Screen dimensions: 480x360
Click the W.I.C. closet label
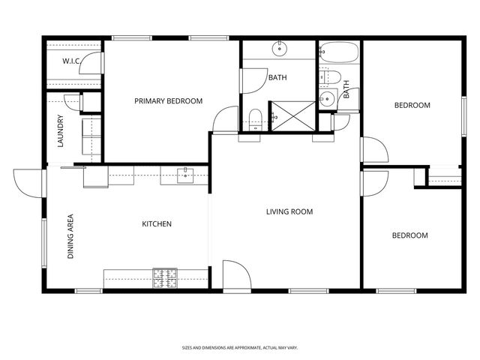tap(71, 61)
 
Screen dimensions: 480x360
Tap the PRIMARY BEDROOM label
tap(168, 101)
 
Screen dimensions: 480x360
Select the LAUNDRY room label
tap(61, 130)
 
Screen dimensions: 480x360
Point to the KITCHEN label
tap(157, 224)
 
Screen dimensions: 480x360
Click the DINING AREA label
tap(70, 236)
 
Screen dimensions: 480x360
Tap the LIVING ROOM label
tap(289, 211)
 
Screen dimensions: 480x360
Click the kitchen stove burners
tap(165, 278)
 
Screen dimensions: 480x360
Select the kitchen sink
tap(185, 175)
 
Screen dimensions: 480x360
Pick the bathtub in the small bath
tap(338, 52)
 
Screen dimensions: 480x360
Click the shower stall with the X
tap(293, 116)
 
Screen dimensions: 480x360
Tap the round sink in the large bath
tap(279, 48)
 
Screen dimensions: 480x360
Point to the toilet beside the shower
tap(255, 120)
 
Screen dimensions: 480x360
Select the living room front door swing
tap(237, 274)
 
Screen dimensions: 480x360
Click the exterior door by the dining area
tap(30, 183)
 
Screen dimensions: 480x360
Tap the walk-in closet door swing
tap(91, 63)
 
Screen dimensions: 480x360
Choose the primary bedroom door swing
tap(226, 120)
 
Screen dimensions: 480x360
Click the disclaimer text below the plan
tap(240, 348)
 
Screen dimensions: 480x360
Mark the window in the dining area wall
tap(44, 243)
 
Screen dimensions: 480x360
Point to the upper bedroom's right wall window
tap(463, 116)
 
